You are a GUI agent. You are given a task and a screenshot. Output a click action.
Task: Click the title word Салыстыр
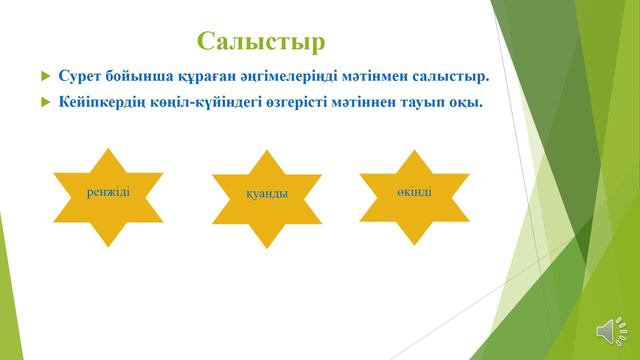pyautogui.click(x=262, y=41)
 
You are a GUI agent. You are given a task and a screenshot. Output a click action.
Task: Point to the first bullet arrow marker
pyautogui.click(x=44, y=76)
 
